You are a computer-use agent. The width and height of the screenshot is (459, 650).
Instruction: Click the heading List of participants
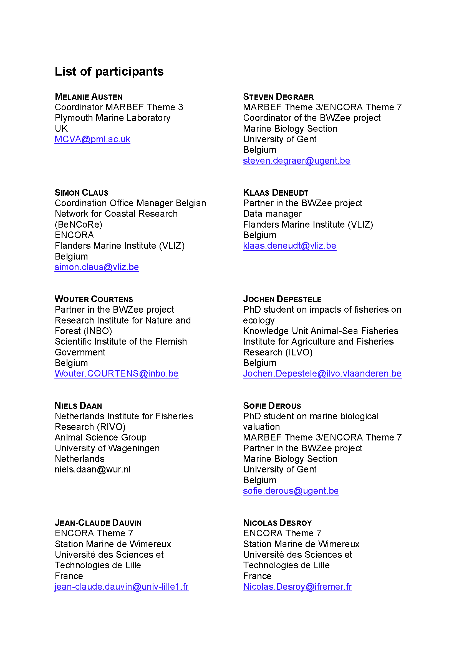[x=109, y=71]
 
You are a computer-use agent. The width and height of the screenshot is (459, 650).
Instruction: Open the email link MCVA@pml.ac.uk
[x=92, y=139]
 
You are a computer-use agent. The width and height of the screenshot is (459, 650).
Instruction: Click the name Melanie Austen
[x=89, y=97]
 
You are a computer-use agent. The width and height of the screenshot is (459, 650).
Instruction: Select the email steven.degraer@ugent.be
[x=296, y=161]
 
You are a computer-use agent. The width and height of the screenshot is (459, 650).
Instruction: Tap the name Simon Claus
[x=81, y=193]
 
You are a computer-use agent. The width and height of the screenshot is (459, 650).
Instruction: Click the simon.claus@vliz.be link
[x=97, y=267]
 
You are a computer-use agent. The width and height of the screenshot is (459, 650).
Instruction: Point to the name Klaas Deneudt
[x=276, y=193]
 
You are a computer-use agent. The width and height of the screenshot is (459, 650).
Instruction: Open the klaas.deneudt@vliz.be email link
[x=289, y=246]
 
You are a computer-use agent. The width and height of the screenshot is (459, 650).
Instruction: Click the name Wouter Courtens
[x=94, y=299]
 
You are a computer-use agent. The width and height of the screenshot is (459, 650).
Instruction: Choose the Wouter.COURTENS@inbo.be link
[x=117, y=374]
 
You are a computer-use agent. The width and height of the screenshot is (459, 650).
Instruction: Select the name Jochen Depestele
[x=282, y=299]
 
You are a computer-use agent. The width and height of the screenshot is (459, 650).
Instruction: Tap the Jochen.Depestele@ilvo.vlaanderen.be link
[x=322, y=374]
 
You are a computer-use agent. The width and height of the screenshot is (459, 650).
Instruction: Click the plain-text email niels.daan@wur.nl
[x=93, y=469]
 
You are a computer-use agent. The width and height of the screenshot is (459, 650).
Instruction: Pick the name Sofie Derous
[x=272, y=406]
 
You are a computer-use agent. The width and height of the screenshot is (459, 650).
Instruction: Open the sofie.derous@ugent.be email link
[x=291, y=491]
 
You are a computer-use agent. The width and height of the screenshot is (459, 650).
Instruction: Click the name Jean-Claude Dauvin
[x=98, y=523]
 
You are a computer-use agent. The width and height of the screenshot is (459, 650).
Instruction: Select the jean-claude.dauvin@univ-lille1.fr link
[x=122, y=587]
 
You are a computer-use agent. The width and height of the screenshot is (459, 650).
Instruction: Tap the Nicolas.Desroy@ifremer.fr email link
[x=297, y=587]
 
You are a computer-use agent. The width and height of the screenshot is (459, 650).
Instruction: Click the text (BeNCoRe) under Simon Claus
[x=79, y=225]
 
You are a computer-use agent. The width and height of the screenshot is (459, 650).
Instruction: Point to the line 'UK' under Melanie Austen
[x=61, y=129]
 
